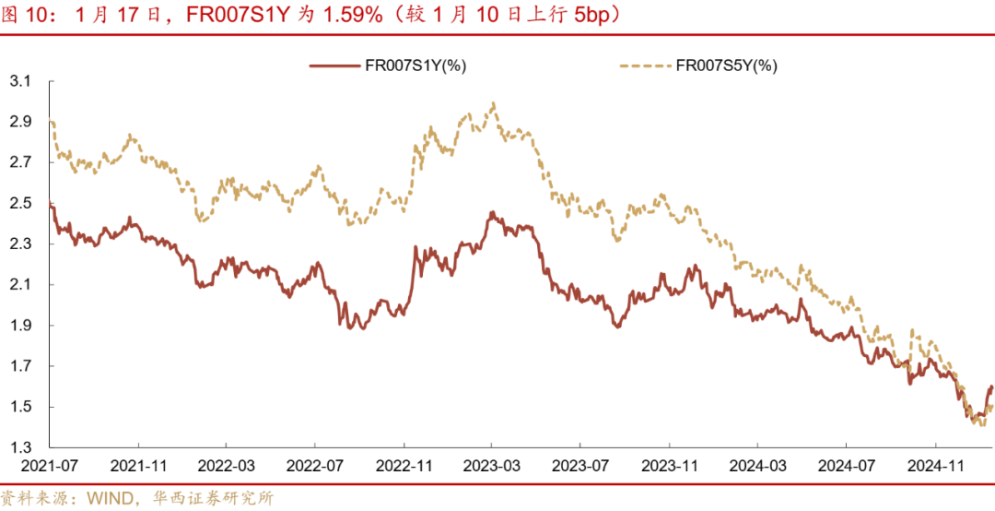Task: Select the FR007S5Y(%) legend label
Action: tap(727, 65)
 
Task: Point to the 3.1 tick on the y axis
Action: tap(20, 82)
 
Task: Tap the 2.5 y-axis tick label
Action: tap(20, 204)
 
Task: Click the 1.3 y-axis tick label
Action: tap(20, 447)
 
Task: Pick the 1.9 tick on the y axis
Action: tap(20, 326)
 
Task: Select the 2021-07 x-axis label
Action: tap(50, 469)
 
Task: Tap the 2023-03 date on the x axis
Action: tap(492, 469)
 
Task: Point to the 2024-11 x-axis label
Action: tap(936, 469)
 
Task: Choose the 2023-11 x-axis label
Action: tap(670, 469)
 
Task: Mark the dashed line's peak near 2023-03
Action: tap(495, 103)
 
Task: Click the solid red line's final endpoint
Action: tap(992, 387)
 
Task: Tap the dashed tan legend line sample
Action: tap(644, 65)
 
